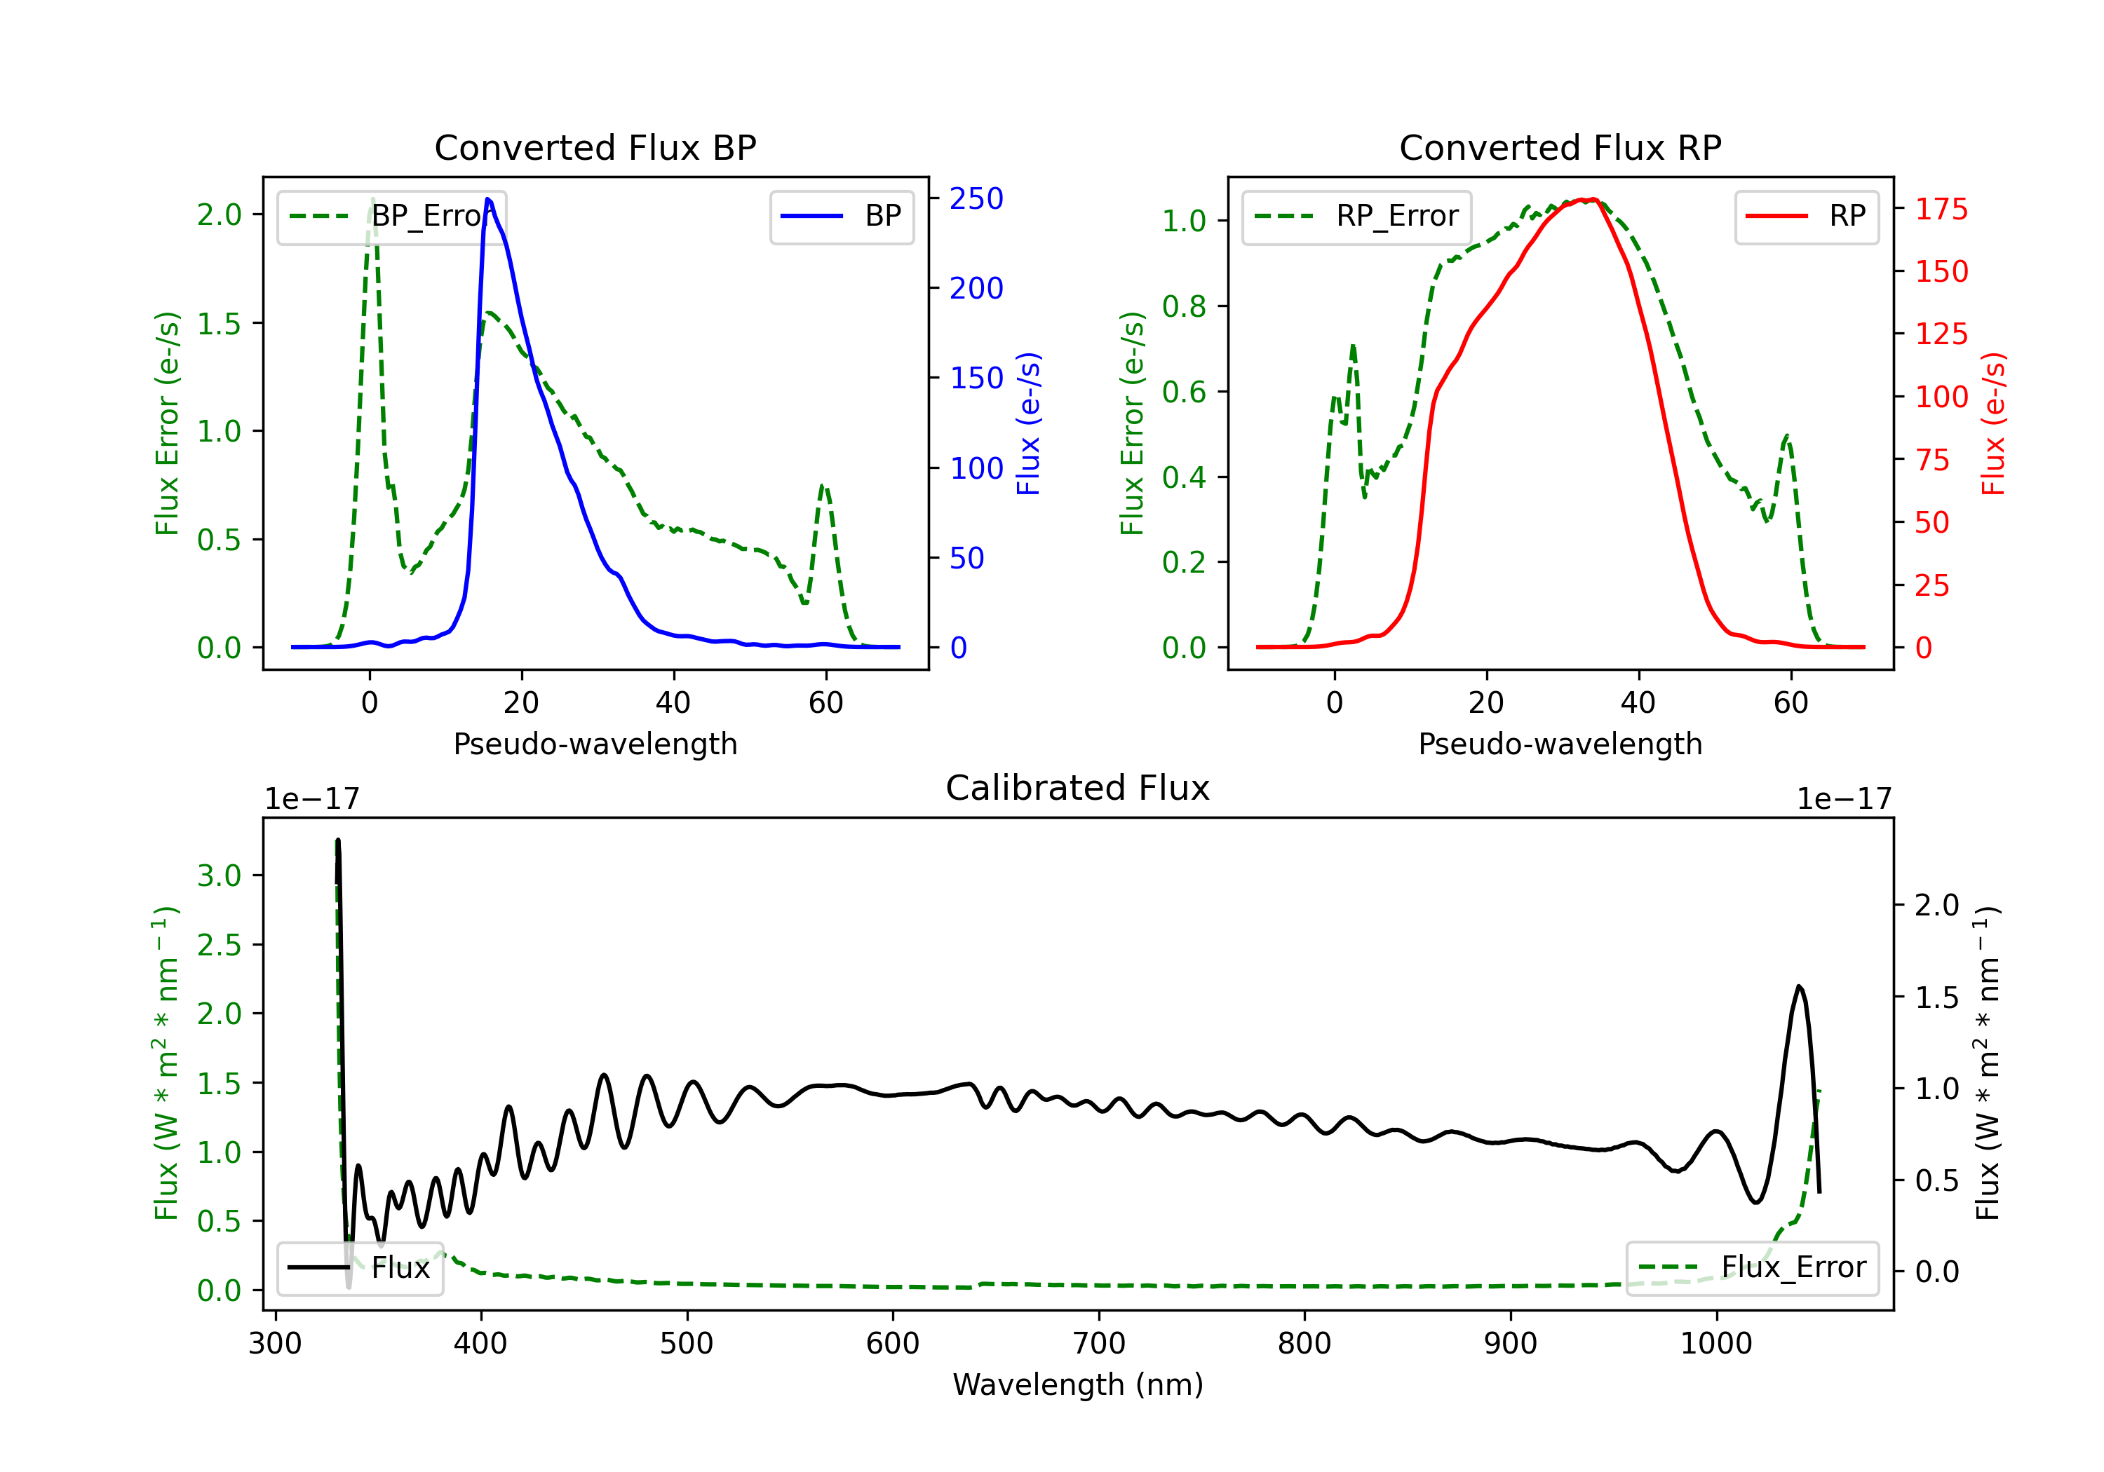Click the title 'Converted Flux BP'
coord(595,147)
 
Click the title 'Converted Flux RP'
coord(1560,147)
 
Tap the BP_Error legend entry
coord(392,216)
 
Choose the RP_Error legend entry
coord(1356,216)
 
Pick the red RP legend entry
coord(1806,216)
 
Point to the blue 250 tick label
coord(976,199)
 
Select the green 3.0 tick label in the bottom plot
coord(219,875)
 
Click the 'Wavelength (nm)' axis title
coord(1078,1384)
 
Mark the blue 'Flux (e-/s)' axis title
coord(1029,424)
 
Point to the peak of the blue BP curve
coord(487,199)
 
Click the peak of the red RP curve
coord(1593,200)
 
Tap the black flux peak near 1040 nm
coord(1799,986)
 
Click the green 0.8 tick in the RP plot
coord(1183,306)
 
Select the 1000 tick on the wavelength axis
coord(1715,1343)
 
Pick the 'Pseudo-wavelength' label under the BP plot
coord(595,744)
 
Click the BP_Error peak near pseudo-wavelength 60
coord(823,486)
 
